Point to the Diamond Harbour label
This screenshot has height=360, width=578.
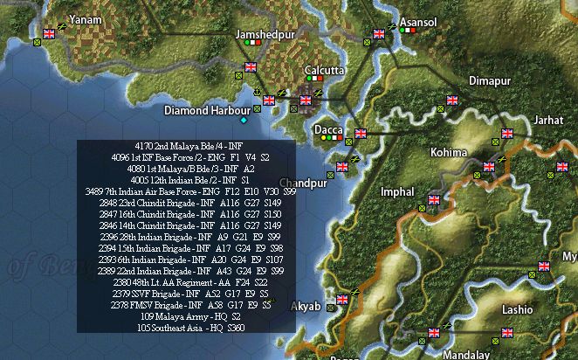[x=200, y=111]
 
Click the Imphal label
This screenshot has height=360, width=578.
[x=397, y=190]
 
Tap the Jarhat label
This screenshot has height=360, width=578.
[x=549, y=120]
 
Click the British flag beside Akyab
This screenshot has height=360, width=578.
[x=342, y=300]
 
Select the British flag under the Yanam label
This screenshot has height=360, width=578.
[x=49, y=33]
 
